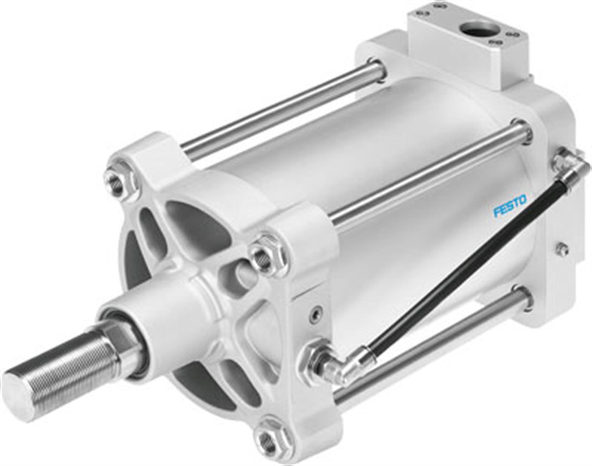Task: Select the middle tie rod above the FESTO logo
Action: click(x=426, y=174)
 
